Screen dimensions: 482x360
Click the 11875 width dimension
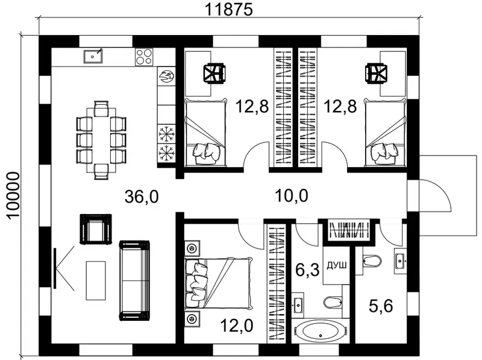pyautogui.click(x=228, y=9)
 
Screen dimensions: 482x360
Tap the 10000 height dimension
pyautogui.click(x=13, y=196)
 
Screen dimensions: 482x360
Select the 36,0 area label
pyautogui.click(x=142, y=197)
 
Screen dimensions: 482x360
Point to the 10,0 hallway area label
pyautogui.click(x=292, y=196)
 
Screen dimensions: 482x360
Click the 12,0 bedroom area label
pyautogui.click(x=237, y=326)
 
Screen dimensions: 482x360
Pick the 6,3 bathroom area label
pyautogui.click(x=307, y=270)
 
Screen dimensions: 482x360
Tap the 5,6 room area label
pyautogui.click(x=381, y=306)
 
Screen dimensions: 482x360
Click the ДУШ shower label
pyautogui.click(x=337, y=265)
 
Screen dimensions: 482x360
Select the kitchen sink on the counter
pyautogui.click(x=93, y=56)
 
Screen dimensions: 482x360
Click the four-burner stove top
pyautogui.click(x=144, y=57)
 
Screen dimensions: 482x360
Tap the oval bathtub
pyautogui.click(x=321, y=332)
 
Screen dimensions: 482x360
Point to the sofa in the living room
pyautogui.click(x=134, y=280)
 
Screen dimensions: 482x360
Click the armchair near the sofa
pyautogui.click(x=96, y=229)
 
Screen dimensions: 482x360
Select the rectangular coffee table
pyautogui.click(x=96, y=280)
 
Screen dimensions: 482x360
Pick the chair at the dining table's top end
pyautogui.click(x=101, y=109)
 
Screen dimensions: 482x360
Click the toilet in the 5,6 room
pyautogui.click(x=372, y=261)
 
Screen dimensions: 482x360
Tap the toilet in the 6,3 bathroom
pyautogui.click(x=333, y=302)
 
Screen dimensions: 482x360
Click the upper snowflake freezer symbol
pyautogui.click(x=166, y=134)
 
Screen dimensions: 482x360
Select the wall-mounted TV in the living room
pyautogui.click(x=55, y=268)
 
